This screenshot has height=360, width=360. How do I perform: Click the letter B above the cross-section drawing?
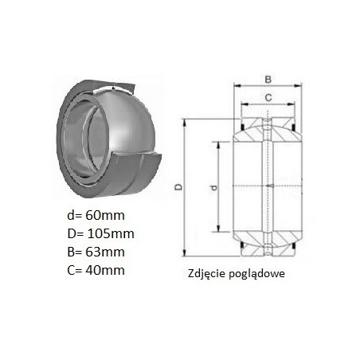(x=268, y=79)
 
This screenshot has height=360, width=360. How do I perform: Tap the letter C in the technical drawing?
(x=268, y=98)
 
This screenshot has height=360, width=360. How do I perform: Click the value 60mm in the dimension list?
(x=105, y=215)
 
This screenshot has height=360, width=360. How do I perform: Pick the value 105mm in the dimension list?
(x=111, y=233)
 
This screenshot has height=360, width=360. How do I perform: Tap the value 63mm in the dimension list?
(x=105, y=252)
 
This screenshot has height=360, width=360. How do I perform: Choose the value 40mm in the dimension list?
(x=105, y=270)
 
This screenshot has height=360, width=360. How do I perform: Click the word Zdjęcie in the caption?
(x=207, y=274)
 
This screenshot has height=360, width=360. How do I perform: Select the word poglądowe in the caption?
(x=256, y=274)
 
